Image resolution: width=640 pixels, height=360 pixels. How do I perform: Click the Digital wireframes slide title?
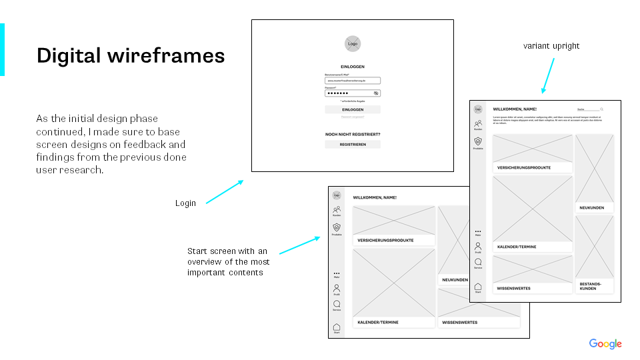tap(131, 55)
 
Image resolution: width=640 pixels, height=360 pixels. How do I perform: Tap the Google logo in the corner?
tap(605, 344)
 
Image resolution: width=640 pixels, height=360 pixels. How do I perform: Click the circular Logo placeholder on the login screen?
tap(353, 44)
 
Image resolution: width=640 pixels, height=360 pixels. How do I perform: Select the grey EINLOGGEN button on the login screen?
tap(353, 109)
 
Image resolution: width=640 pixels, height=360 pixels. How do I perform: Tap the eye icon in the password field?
tap(376, 93)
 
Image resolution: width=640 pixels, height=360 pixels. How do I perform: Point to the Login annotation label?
tap(185, 203)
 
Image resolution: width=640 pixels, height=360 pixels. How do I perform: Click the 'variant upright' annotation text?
tap(551, 46)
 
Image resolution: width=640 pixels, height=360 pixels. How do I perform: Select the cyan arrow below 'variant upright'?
tap(547, 75)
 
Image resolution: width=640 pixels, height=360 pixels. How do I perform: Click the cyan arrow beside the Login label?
tap(224, 191)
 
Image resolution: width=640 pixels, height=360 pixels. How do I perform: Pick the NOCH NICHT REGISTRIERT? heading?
tap(353, 134)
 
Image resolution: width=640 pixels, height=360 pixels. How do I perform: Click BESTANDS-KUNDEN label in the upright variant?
tap(587, 286)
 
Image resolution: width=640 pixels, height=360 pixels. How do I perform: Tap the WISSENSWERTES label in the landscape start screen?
tap(460, 323)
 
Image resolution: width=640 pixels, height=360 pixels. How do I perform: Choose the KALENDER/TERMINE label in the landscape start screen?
tap(378, 323)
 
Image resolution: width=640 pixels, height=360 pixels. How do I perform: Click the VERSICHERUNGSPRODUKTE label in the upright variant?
tap(524, 168)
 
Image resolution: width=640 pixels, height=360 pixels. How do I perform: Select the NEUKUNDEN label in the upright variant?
tap(592, 208)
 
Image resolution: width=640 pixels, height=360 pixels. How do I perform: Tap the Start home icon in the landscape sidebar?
tap(337, 327)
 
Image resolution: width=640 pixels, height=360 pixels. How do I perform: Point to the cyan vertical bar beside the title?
tap(2, 49)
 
